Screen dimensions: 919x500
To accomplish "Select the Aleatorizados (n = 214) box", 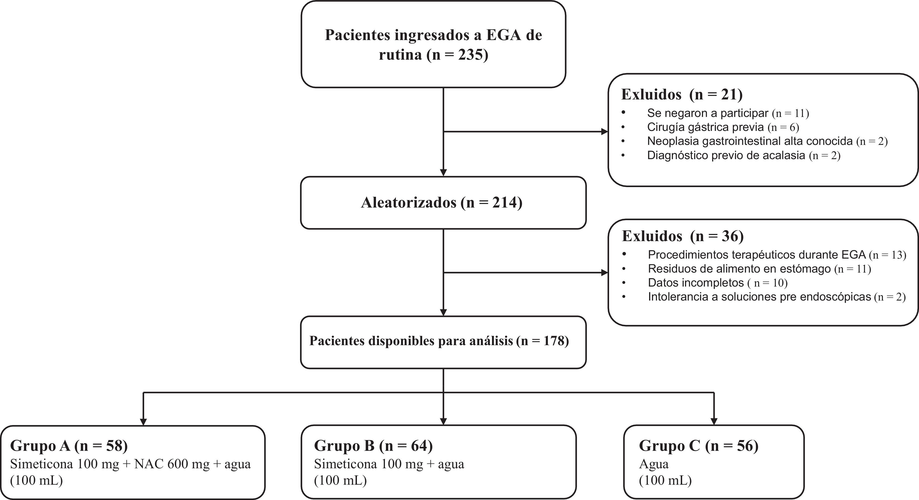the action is tap(443, 202).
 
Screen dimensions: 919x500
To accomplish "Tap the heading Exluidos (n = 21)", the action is tap(682, 94).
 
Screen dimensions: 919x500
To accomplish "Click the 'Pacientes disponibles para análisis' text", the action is tap(411, 341).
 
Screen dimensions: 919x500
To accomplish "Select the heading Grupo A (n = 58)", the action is tap(69, 446).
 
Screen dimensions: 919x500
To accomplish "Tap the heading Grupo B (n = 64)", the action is tap(373, 446).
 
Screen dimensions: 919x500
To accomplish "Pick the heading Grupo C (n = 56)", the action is tap(699, 446).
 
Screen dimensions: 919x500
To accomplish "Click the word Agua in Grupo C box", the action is tap(654, 464).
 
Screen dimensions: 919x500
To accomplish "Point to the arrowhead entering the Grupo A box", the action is tap(143, 422).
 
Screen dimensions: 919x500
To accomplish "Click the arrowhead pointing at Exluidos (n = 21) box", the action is tap(604, 131).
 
